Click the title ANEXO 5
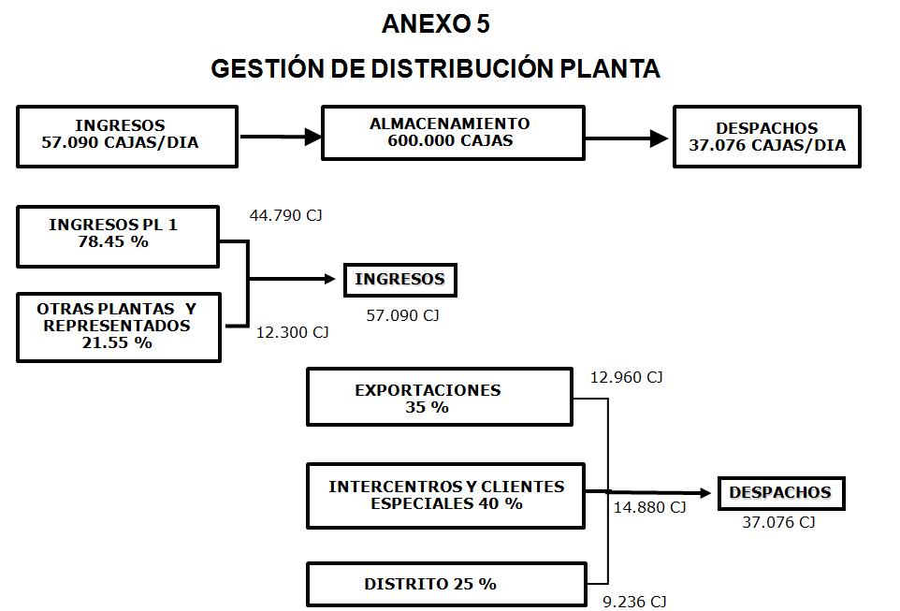[x=435, y=25]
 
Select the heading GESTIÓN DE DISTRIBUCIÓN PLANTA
[x=435, y=69]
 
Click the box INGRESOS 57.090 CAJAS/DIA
[x=126, y=136]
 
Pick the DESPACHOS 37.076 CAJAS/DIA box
[x=766, y=137]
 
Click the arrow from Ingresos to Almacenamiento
[x=280, y=137]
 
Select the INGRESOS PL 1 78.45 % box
[x=118, y=235]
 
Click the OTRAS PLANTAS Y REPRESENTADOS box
[x=118, y=326]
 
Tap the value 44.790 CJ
[x=285, y=216]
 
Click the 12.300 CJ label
[x=293, y=332]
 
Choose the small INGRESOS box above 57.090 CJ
[x=399, y=280]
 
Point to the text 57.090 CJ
[x=402, y=315]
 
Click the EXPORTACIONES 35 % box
[x=439, y=398]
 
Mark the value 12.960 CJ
[x=626, y=378]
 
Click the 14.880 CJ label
[x=649, y=508]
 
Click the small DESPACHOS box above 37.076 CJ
[x=779, y=493]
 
